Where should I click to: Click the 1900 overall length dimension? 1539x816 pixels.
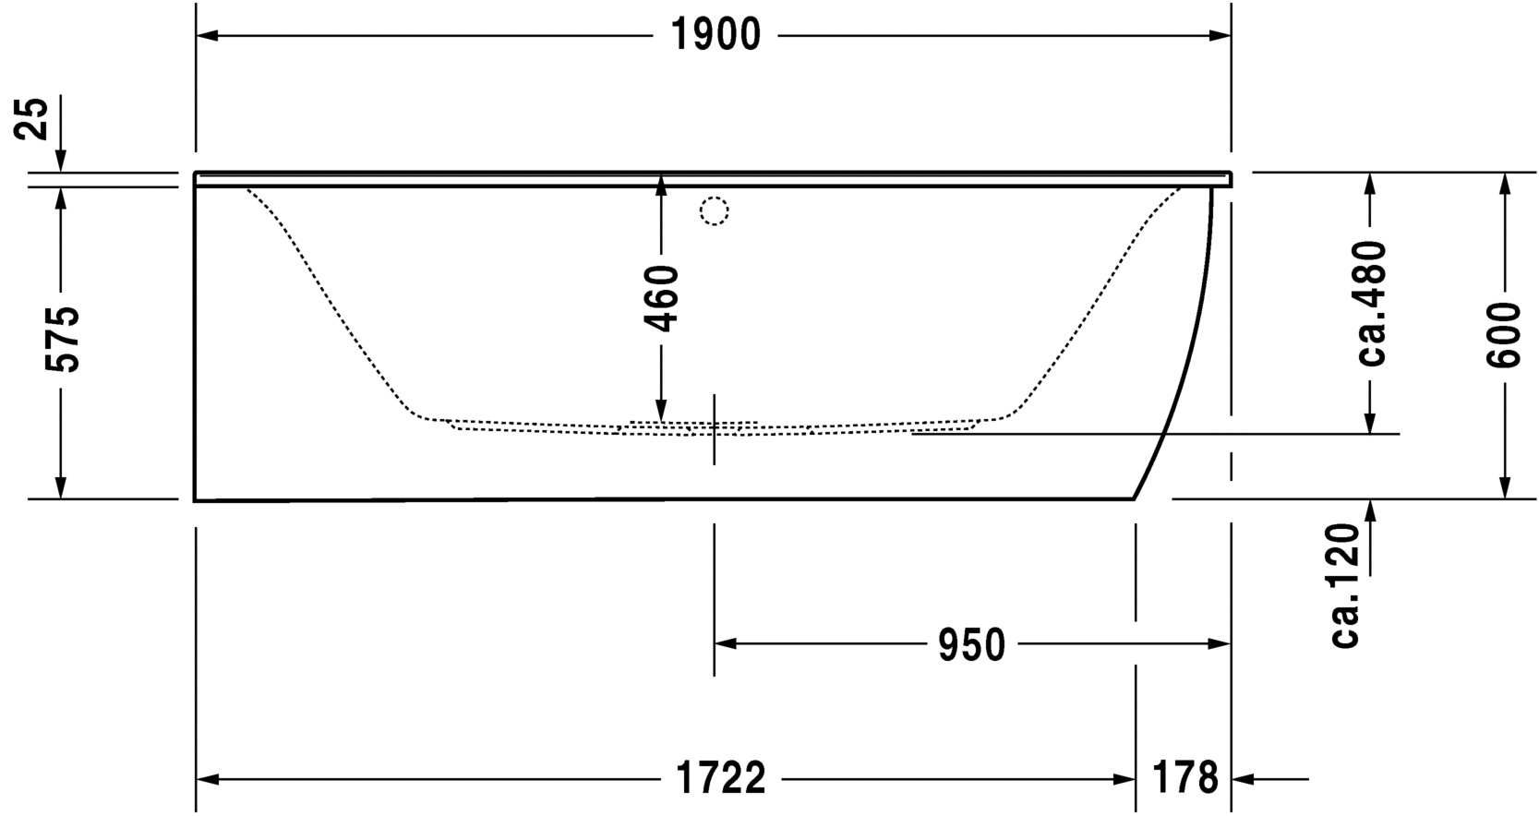pyautogui.click(x=715, y=36)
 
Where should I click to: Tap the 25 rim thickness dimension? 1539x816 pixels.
pyautogui.click(x=34, y=118)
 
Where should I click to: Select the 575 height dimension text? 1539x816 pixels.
pyautogui.click(x=63, y=339)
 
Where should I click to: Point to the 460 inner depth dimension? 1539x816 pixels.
pyautogui.click(x=661, y=298)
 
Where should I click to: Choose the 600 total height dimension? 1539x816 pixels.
pyautogui.click(x=1505, y=334)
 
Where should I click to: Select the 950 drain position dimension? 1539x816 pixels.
pyautogui.click(x=971, y=644)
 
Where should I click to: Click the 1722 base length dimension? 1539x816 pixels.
pyautogui.click(x=721, y=779)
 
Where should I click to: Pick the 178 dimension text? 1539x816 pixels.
pyautogui.click(x=1184, y=779)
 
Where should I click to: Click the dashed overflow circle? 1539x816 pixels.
pyautogui.click(x=714, y=211)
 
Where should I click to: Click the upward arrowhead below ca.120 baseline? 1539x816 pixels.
pyautogui.click(x=1371, y=510)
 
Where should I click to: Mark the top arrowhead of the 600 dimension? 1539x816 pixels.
pyautogui.click(x=1505, y=183)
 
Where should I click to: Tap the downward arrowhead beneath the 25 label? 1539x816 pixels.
pyautogui.click(x=62, y=162)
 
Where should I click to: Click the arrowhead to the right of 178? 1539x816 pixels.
pyautogui.click(x=1243, y=779)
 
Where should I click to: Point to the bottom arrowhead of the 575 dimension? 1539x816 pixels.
pyautogui.click(x=62, y=487)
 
